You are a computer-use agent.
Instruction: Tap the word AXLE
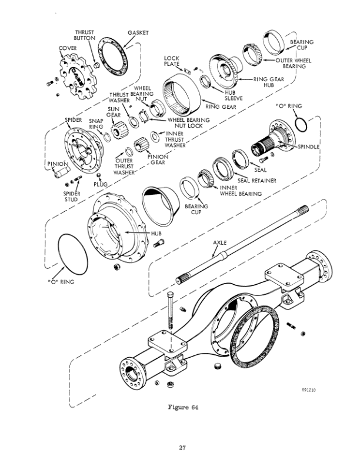click(x=220, y=242)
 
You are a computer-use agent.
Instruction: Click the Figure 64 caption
click(x=183, y=407)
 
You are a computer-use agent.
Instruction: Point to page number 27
click(x=182, y=447)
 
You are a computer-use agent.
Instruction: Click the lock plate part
click(x=187, y=71)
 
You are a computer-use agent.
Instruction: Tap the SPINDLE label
click(x=309, y=147)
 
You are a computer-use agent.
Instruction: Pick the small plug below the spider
click(x=99, y=175)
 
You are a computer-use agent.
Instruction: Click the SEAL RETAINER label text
click(x=256, y=181)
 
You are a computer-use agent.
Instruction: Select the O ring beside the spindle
click(x=301, y=125)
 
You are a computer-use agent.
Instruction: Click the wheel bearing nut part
click(x=156, y=108)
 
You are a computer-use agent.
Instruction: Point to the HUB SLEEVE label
click(x=234, y=95)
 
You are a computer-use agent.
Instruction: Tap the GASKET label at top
click(x=138, y=33)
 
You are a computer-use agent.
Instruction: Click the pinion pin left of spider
click(x=62, y=172)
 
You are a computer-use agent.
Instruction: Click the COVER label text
click(x=68, y=48)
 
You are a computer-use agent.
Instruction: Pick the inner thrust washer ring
click(x=155, y=137)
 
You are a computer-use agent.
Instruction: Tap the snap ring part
click(x=106, y=137)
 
